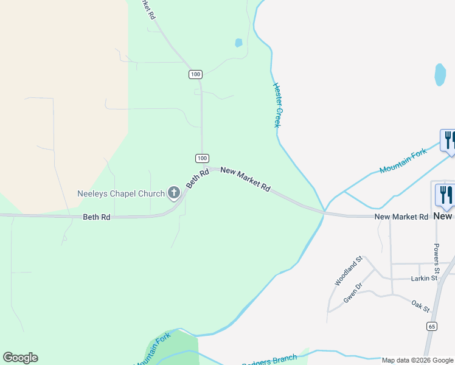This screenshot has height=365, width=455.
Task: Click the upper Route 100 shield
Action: (195, 74)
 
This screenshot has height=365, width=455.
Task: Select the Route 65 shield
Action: (431, 327)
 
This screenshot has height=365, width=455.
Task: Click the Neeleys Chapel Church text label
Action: (121, 194)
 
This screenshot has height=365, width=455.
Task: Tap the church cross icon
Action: (174, 194)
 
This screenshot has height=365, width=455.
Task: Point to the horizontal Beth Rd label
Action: (96, 217)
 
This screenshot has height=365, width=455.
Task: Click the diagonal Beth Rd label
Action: (198, 178)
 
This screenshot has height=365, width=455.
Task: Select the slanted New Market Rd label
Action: (245, 179)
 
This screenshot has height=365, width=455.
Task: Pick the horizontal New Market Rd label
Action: (401, 217)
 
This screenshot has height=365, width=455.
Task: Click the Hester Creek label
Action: (277, 105)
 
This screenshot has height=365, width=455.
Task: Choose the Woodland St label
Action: (348, 271)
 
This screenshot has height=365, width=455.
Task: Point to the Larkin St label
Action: (424, 278)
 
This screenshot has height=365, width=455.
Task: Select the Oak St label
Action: (420, 304)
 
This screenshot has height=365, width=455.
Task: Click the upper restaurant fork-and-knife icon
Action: (448, 140)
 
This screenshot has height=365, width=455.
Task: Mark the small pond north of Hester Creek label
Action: (238, 43)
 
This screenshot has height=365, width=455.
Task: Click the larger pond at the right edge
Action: (440, 75)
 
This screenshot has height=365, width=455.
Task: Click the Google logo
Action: (20, 358)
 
